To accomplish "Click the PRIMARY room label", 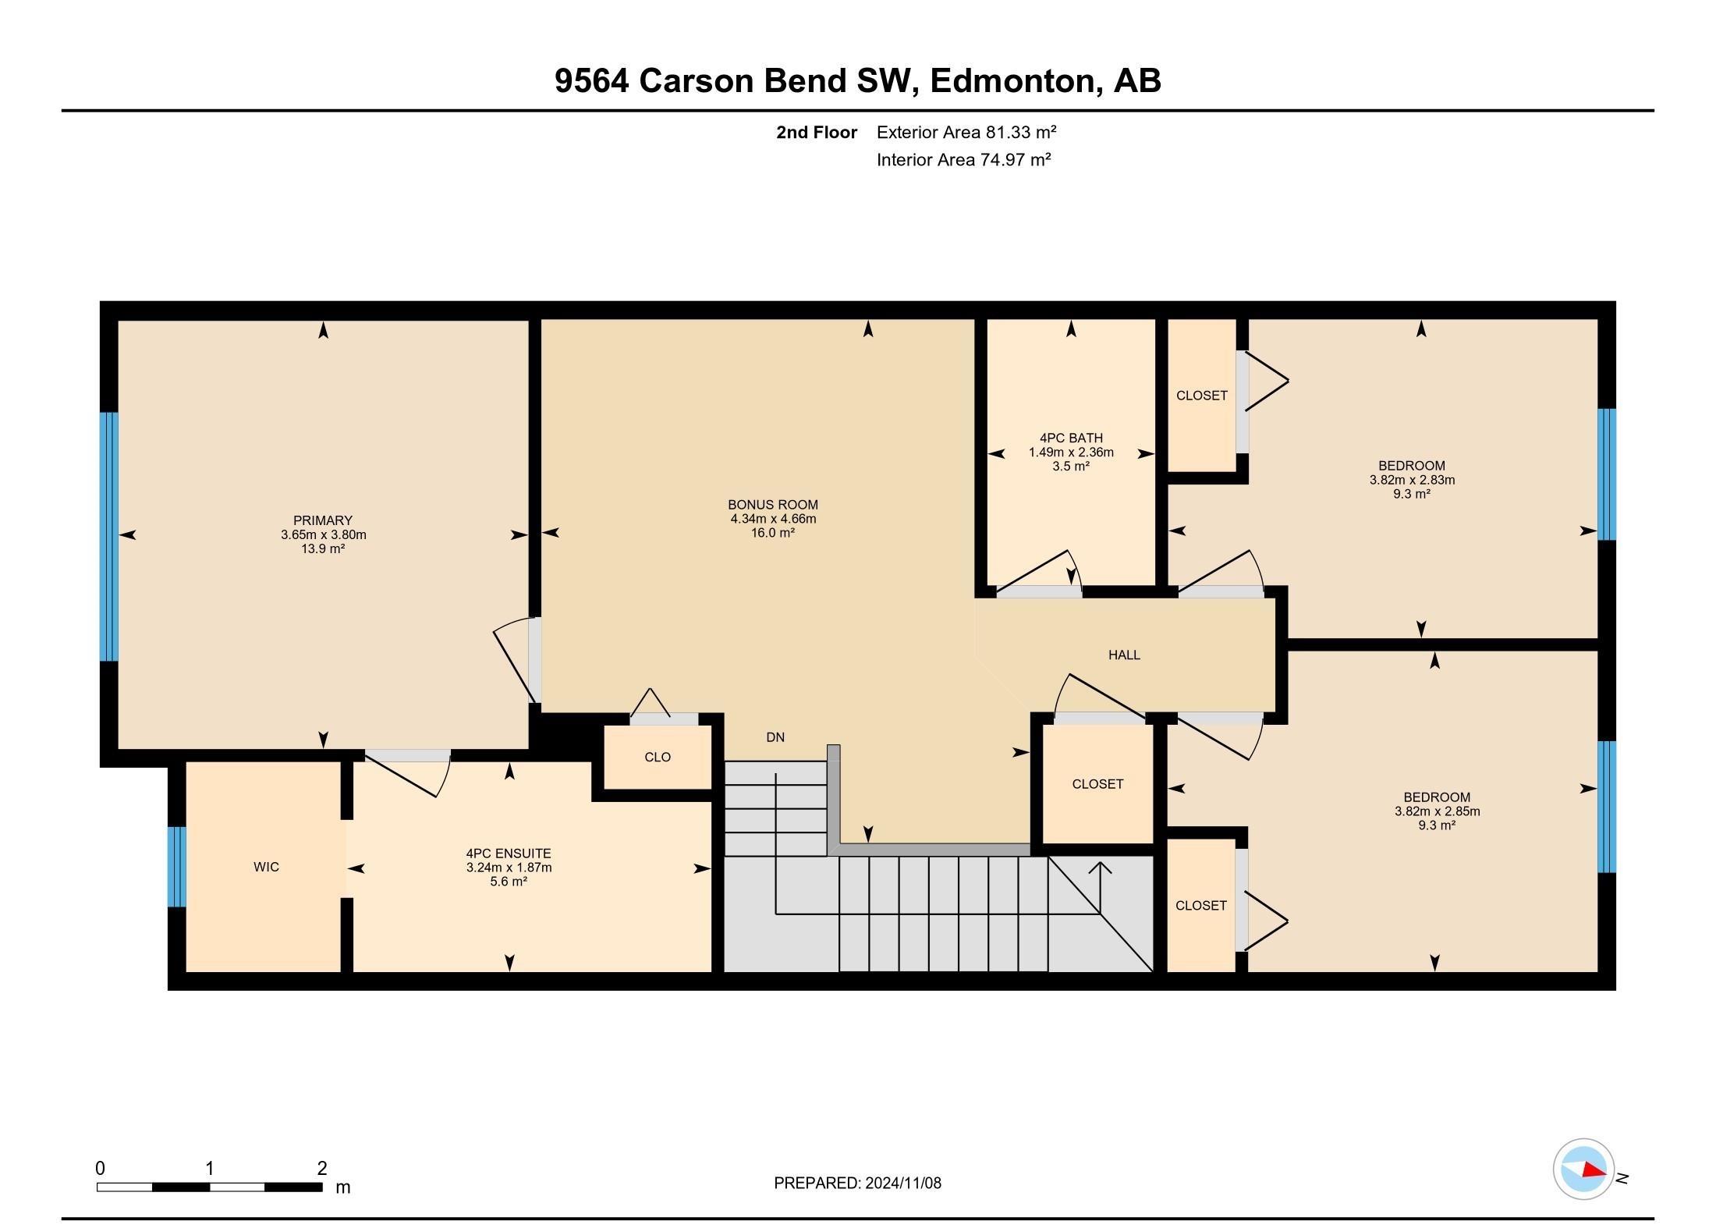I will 323,520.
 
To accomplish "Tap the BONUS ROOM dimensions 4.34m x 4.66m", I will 773,519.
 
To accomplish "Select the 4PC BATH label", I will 1071,438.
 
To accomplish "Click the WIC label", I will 266,867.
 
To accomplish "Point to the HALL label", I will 1124,655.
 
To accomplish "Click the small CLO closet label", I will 658,757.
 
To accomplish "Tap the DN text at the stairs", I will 775,737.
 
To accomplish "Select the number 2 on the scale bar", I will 322,1168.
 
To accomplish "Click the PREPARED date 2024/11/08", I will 902,1183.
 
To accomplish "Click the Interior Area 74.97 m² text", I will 963,160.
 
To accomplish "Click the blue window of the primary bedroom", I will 109,536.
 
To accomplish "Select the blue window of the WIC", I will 178,866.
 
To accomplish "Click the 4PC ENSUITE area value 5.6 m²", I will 509,882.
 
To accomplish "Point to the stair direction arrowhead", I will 1100,867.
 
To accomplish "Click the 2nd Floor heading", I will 816,133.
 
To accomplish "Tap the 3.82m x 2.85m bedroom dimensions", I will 1437,811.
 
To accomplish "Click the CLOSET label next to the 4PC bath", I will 1201,396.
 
